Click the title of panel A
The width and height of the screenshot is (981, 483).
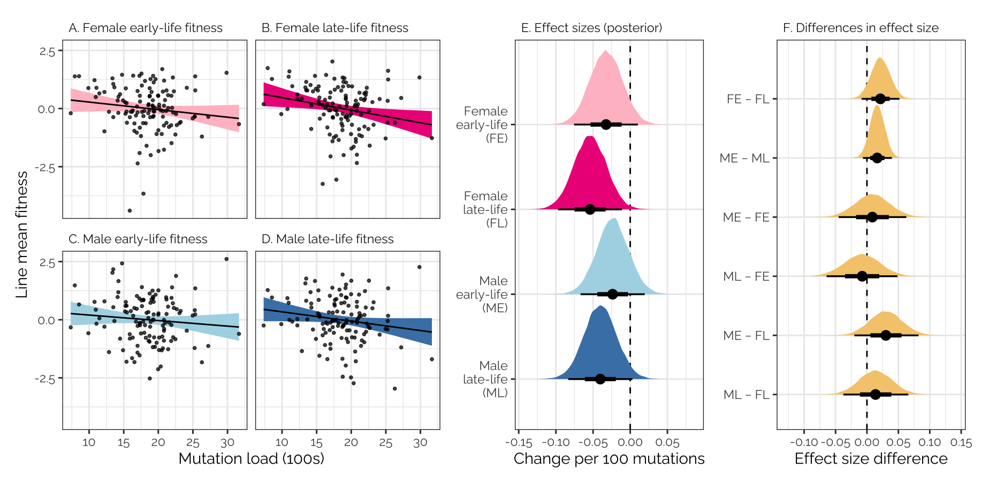[146, 28]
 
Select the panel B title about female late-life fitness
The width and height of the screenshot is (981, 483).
[334, 28]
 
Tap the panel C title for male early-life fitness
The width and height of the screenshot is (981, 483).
[138, 239]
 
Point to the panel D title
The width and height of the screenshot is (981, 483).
[327, 239]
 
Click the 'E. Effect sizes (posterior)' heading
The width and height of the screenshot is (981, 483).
[591, 28]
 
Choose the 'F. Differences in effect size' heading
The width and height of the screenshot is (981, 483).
[861, 28]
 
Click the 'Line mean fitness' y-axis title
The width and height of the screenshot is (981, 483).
[22, 235]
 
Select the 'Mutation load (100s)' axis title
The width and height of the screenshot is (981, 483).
[251, 459]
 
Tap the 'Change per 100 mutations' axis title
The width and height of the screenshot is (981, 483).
[609, 459]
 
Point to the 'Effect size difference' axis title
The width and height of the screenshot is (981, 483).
[871, 459]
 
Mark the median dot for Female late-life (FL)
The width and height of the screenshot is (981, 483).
[590, 209]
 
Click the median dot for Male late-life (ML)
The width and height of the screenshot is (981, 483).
[600, 379]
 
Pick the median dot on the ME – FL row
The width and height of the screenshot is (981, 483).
[886, 335]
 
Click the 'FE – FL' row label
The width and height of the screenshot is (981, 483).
[748, 99]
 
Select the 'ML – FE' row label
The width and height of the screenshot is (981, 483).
[746, 276]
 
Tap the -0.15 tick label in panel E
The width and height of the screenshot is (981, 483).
[518, 443]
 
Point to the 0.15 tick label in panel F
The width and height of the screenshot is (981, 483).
[961, 443]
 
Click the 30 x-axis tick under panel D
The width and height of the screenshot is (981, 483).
[420, 443]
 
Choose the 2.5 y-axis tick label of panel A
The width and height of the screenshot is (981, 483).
[47, 51]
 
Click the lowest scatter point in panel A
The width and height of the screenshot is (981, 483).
[130, 210]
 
